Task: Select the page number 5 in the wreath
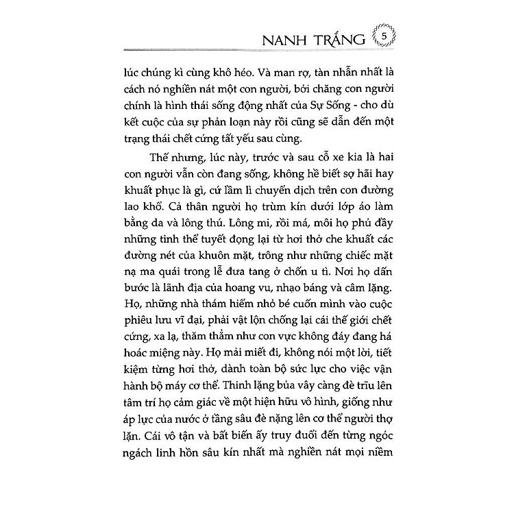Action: point(384,34)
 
